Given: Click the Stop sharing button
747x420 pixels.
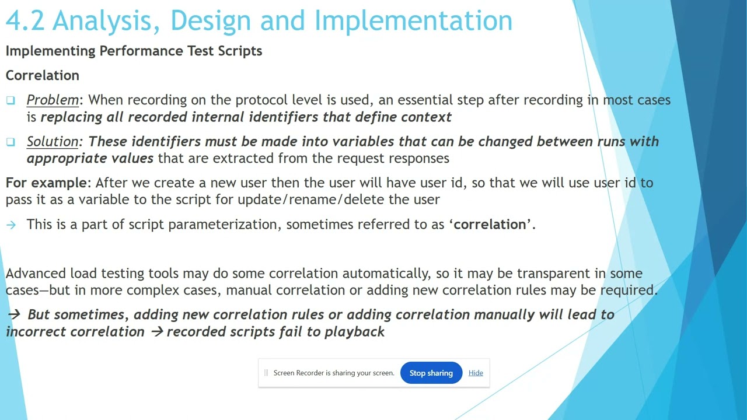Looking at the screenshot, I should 431,373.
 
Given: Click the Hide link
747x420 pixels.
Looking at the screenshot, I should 476,373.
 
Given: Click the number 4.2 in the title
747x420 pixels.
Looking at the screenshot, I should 25,21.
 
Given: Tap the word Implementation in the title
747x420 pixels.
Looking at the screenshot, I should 413,21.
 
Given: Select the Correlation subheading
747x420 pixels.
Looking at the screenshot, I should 42,75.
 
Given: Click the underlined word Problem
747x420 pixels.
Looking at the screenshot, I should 53,100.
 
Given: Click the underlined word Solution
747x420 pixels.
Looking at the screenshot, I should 53,142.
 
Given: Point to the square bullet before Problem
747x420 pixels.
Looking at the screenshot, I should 11,100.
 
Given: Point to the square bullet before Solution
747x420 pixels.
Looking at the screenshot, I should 11,142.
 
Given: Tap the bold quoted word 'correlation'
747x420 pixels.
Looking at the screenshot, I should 490,225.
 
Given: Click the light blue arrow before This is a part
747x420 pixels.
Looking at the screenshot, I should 11,225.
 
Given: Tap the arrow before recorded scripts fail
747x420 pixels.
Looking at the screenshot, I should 156,332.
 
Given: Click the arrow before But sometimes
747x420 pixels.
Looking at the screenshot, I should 14,314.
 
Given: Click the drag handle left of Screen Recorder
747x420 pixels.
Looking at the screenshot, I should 266,373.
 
